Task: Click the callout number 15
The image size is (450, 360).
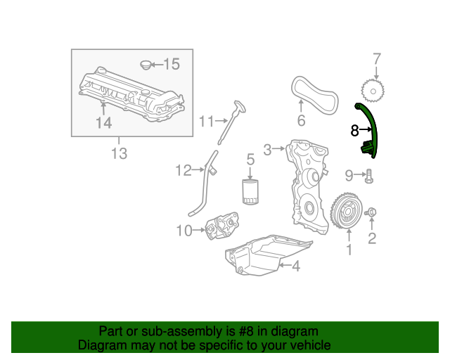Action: click(172, 65)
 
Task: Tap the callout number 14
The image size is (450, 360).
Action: click(103, 123)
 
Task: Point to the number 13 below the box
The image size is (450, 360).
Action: click(119, 153)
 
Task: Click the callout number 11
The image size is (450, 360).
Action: click(205, 121)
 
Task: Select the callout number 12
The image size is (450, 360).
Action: click(184, 169)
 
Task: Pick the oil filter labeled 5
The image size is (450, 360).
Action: click(250, 191)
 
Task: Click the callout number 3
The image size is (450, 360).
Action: click(267, 149)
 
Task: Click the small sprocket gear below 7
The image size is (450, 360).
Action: click(375, 90)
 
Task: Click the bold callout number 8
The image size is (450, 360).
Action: click(354, 130)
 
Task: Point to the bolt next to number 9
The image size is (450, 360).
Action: click(368, 177)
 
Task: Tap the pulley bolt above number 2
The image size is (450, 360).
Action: click(372, 212)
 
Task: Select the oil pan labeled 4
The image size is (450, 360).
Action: click(267, 257)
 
